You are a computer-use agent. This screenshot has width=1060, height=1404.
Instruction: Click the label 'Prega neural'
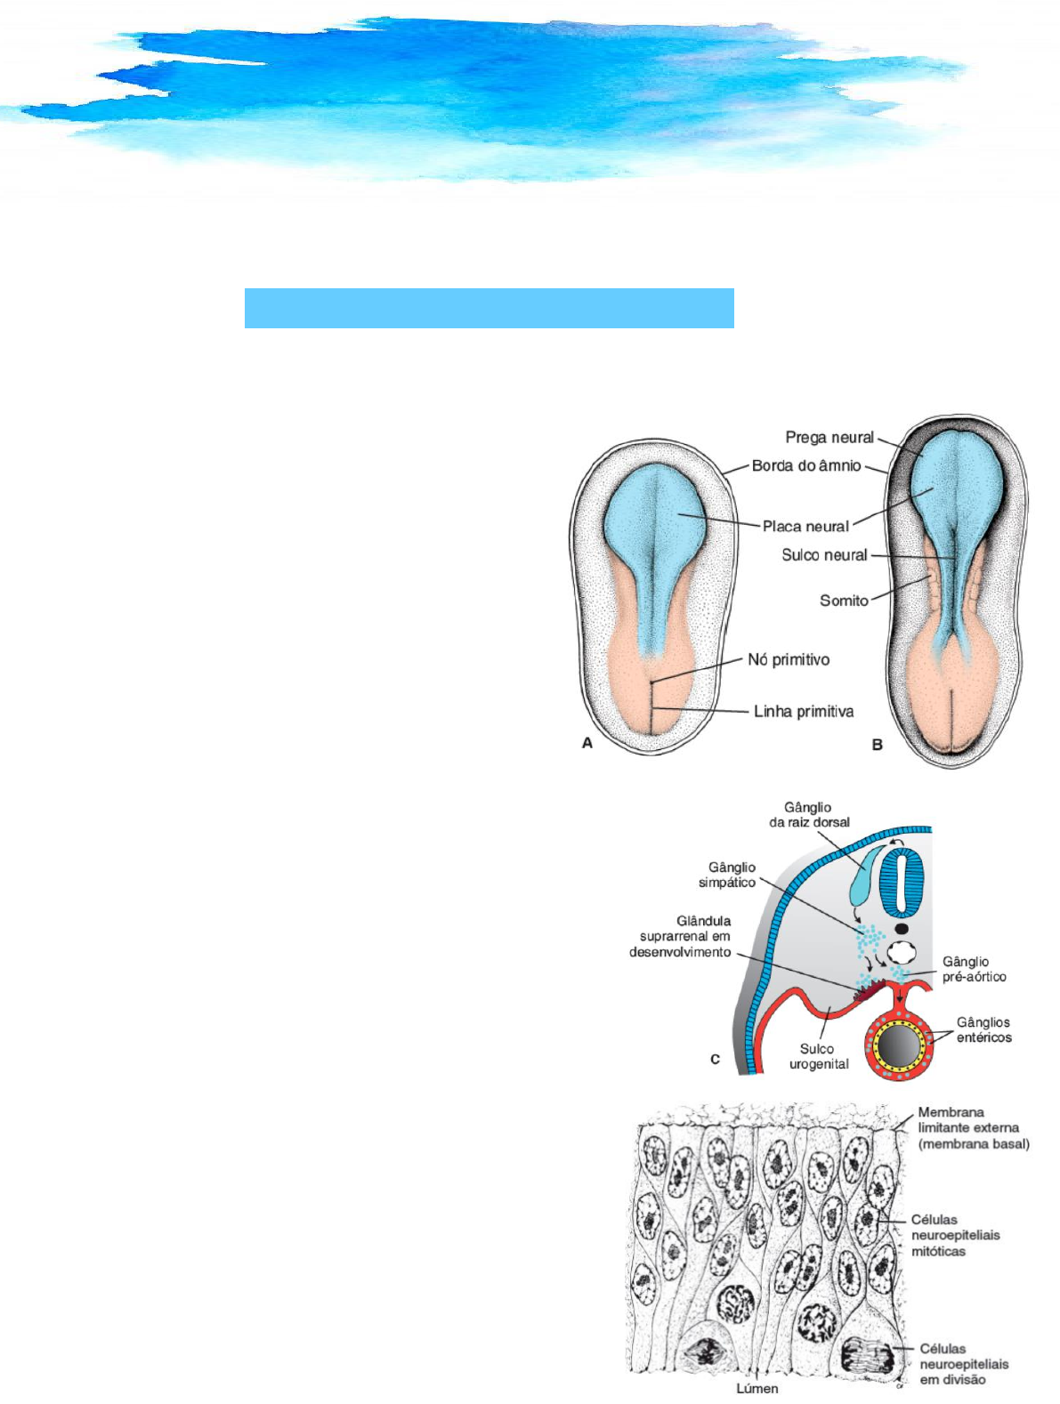(829, 437)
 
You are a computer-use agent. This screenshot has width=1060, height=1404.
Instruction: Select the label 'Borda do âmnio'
(806, 465)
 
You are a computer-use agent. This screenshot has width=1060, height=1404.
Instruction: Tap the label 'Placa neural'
(805, 526)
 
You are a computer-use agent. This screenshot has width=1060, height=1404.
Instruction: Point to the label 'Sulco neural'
(824, 554)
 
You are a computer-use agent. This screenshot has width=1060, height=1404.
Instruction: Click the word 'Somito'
(844, 601)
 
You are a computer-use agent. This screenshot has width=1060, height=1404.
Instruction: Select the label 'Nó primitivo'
(789, 659)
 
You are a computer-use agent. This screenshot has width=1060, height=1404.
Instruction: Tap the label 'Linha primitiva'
(804, 711)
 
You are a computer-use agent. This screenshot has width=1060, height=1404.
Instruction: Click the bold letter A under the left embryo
(587, 743)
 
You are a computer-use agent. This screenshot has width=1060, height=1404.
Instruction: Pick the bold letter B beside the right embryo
(878, 745)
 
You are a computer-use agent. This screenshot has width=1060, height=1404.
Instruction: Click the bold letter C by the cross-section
(715, 1060)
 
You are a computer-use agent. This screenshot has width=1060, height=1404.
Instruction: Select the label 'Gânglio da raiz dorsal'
(809, 815)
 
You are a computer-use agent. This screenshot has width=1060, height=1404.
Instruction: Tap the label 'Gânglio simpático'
(727, 875)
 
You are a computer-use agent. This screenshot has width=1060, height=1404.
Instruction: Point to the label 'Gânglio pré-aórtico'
(975, 969)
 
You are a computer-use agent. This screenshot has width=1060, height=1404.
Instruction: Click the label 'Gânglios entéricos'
(983, 1029)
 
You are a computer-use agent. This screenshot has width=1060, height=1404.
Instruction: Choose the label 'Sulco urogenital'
(819, 1056)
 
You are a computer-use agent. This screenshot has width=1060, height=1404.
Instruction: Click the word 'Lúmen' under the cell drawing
(757, 1388)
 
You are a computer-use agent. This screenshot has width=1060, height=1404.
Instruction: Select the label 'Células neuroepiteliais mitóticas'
(955, 1235)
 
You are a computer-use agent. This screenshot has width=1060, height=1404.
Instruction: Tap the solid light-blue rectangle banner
(489, 308)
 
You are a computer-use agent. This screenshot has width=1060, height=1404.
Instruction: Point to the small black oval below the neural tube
(902, 929)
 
